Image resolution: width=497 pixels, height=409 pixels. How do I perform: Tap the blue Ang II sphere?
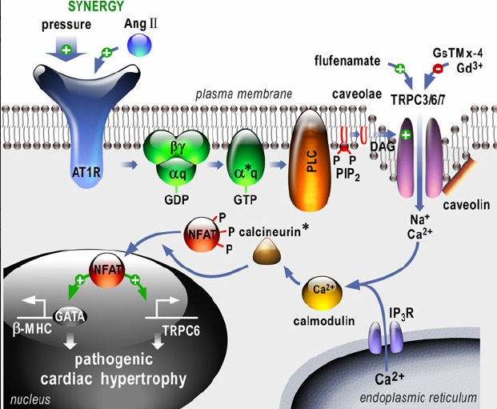[139, 45]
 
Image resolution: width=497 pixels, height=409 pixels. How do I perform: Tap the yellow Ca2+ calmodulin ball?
[322, 294]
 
